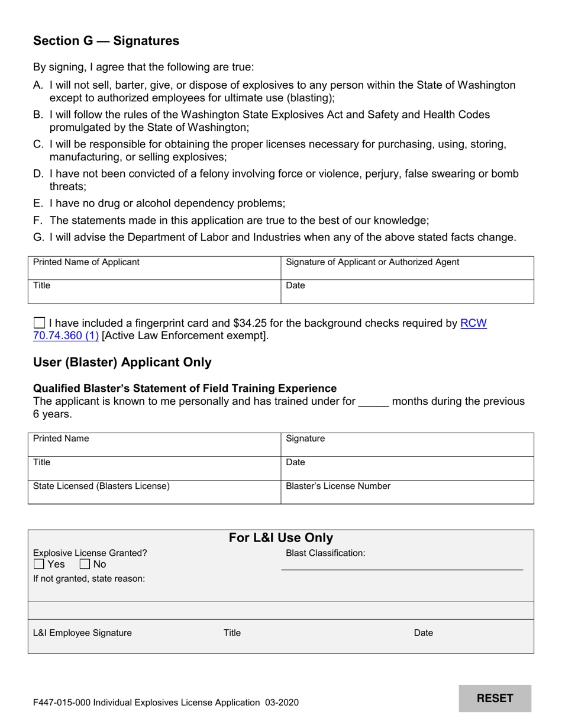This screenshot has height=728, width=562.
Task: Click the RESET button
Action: pos(495,698)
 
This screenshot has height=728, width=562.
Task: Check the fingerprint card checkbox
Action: pos(40,323)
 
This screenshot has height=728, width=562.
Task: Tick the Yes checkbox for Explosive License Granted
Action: pos(40,564)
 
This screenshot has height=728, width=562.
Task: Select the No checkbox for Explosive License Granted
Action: pos(85,564)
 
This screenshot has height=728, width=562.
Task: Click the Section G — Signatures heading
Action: pos(106,41)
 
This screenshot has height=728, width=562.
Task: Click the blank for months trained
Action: pos(373,402)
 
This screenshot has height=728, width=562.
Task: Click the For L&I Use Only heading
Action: pos(280,538)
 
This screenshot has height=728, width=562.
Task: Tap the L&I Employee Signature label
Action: pos(82,633)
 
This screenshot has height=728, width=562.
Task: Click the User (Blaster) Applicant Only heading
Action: pos(122,362)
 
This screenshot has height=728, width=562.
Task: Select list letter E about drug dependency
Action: pos(38,203)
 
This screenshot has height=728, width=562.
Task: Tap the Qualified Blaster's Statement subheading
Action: pos(185,388)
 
